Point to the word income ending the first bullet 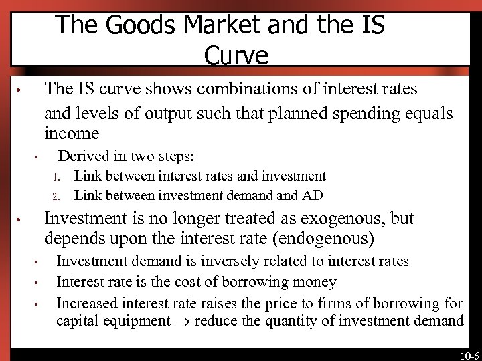(x=72, y=133)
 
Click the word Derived (x=84, y=156)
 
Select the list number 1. (x=57, y=177)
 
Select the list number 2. (x=57, y=197)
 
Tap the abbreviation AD (x=313, y=195)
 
